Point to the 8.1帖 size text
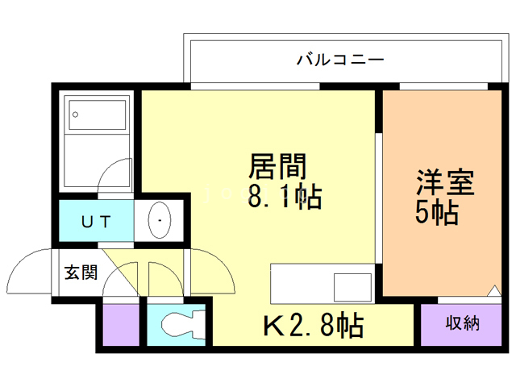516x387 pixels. [x=284, y=196]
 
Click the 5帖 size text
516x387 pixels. [x=437, y=214]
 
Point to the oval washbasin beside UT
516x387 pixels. [x=161, y=219]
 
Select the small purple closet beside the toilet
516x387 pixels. [x=119, y=325]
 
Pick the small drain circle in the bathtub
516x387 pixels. [x=76, y=114]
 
